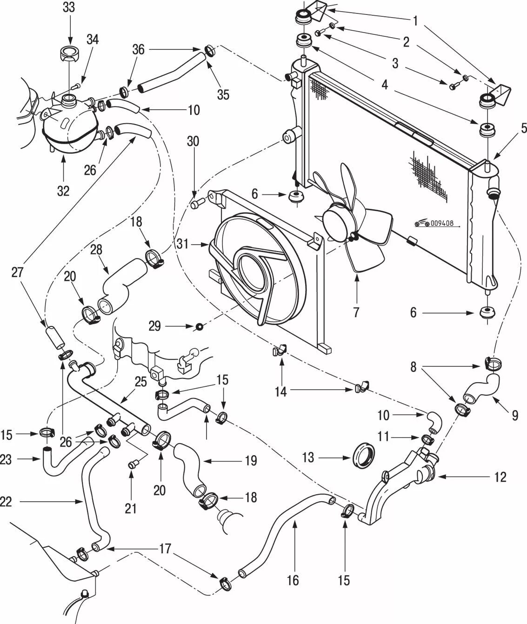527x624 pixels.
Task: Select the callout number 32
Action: pyautogui.click(x=63, y=190)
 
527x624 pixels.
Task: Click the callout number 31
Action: pyautogui.click(x=183, y=243)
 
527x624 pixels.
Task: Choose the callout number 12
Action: pyautogui.click(x=500, y=477)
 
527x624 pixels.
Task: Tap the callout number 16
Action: pyautogui.click(x=293, y=580)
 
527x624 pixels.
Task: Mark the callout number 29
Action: pyautogui.click(x=154, y=326)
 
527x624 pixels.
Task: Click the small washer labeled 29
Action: pyautogui.click(x=200, y=327)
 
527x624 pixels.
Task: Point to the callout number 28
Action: pyautogui.click(x=96, y=250)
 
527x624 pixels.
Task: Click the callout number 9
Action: pyautogui.click(x=514, y=415)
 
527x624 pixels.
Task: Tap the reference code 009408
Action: pyautogui.click(x=441, y=224)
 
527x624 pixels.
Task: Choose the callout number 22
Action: pyautogui.click(x=6, y=502)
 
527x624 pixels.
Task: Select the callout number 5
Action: pyautogui.click(x=524, y=128)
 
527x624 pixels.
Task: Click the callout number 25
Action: pyautogui.click(x=141, y=382)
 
